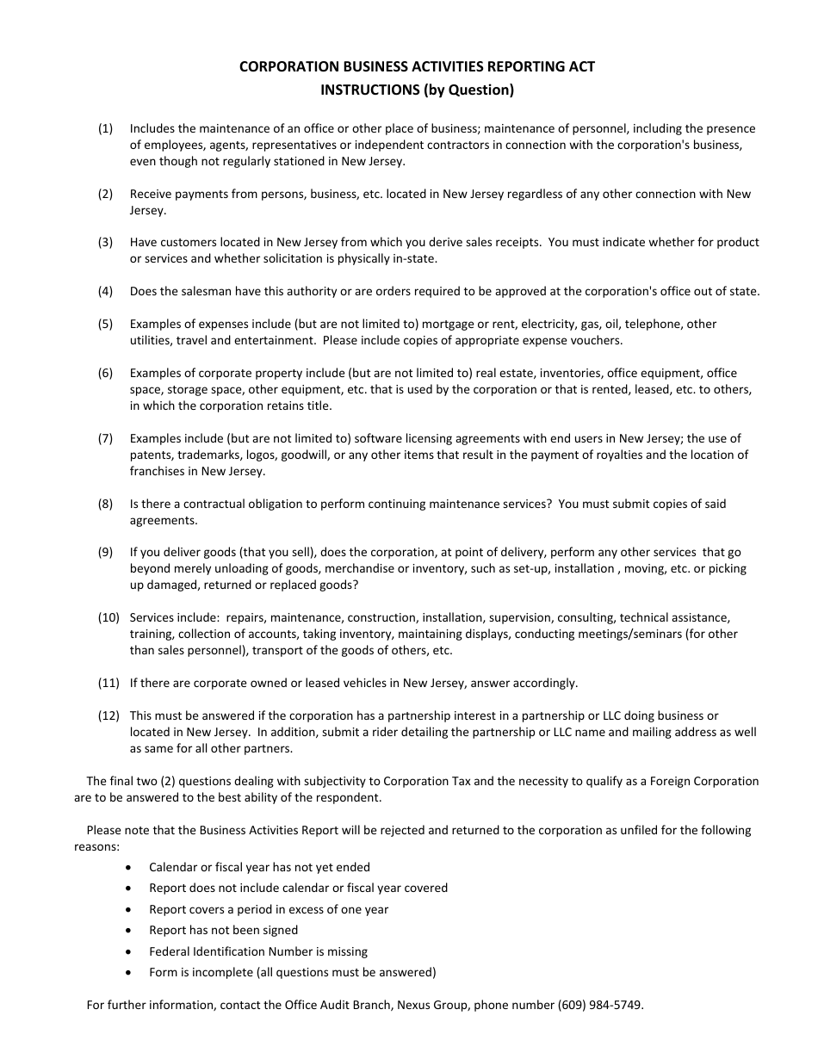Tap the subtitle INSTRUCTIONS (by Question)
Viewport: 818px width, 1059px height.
(417, 89)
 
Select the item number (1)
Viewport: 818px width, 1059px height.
(105, 128)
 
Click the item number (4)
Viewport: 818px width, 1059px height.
(105, 291)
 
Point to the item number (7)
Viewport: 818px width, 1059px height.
(105, 438)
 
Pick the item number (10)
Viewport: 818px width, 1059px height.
(108, 617)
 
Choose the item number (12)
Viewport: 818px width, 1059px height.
(108, 715)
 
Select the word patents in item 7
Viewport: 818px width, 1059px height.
(151, 455)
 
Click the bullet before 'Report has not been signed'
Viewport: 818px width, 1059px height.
(129, 931)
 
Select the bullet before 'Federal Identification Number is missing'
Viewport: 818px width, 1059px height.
(129, 951)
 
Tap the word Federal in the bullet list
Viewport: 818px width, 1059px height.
(170, 951)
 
